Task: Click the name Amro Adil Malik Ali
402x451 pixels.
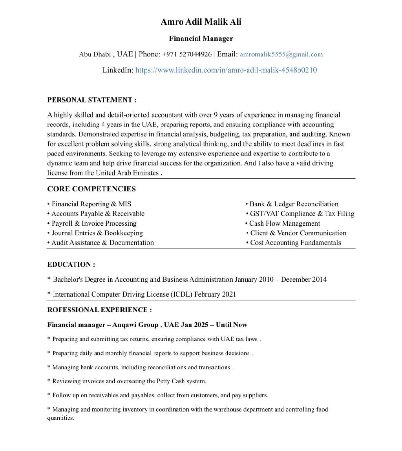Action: pyautogui.click(x=201, y=22)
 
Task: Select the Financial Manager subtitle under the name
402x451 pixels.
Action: pyautogui.click(x=201, y=38)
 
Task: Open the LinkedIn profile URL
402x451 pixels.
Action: pyautogui.click(x=226, y=70)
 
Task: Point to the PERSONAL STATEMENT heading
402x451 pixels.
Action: pyautogui.click(x=91, y=100)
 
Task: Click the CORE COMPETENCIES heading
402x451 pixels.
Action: pyautogui.click(x=91, y=189)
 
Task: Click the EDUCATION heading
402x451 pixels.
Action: pyautogui.click(x=71, y=264)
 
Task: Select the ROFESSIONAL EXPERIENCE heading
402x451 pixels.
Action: pyautogui.click(x=99, y=310)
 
